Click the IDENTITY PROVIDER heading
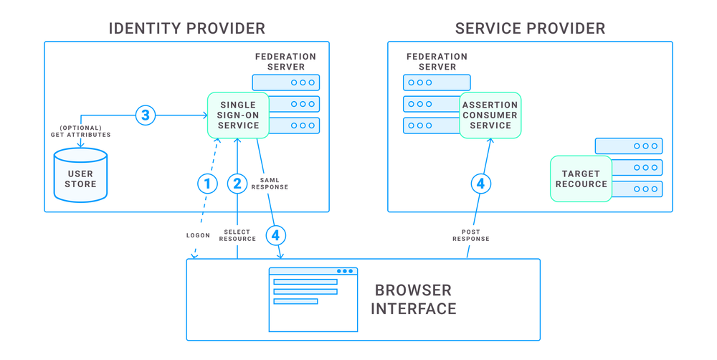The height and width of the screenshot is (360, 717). tap(186, 29)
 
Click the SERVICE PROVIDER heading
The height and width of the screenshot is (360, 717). tap(530, 29)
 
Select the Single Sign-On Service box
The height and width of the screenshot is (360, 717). tap(238, 115)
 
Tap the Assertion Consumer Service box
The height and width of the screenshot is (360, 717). tap(490, 115)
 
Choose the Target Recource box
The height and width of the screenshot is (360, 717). tap(581, 179)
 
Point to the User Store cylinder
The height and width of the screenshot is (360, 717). tap(80, 175)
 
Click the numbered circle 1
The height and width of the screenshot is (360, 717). tap(207, 184)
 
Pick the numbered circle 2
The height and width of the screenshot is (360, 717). tap(237, 184)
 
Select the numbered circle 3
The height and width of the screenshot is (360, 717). tap(146, 115)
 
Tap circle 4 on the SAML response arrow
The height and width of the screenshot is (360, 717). tap(275, 234)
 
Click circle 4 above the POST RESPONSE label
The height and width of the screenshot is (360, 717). tap(480, 184)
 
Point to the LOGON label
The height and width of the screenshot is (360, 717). tap(198, 235)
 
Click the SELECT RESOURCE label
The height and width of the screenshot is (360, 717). tap(237, 235)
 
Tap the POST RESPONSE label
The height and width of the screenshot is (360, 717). tap(470, 235)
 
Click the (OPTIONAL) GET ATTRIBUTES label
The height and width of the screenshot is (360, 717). tap(80, 131)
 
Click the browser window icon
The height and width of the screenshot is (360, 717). tap(313, 300)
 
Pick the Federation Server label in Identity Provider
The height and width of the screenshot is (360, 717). tap(285, 62)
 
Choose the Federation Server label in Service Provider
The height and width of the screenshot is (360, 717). tap(436, 62)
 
